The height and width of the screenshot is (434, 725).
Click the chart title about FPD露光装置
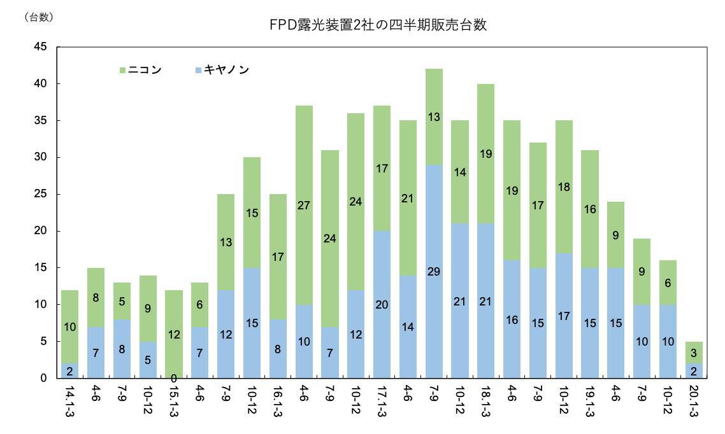(379, 25)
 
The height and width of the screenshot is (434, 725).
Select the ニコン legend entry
(140, 69)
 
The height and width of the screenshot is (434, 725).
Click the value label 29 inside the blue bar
(434, 272)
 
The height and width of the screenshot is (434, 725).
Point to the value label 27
(304, 205)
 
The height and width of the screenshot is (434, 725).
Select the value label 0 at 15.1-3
(174, 378)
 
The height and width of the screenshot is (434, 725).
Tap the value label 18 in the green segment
(564, 187)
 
